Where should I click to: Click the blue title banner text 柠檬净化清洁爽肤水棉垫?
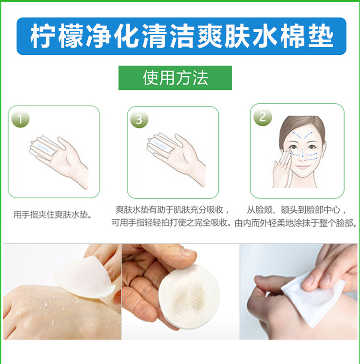click(x=181, y=36)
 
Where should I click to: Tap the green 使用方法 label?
click(x=175, y=78)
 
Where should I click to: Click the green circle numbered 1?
click(x=21, y=119)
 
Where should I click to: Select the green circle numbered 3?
click(x=139, y=119)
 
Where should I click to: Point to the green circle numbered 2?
click(x=263, y=117)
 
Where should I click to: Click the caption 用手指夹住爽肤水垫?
click(x=52, y=215)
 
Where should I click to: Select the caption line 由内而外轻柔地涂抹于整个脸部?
click(x=296, y=223)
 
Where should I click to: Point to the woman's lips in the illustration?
click(x=302, y=167)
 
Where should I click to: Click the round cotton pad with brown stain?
click(x=189, y=297)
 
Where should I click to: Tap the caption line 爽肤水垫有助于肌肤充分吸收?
click(x=172, y=210)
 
